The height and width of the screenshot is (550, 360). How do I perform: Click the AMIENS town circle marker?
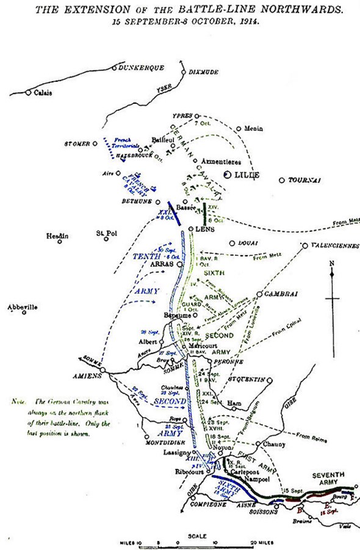click(103, 370)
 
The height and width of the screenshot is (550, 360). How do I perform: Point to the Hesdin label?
click(57, 236)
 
